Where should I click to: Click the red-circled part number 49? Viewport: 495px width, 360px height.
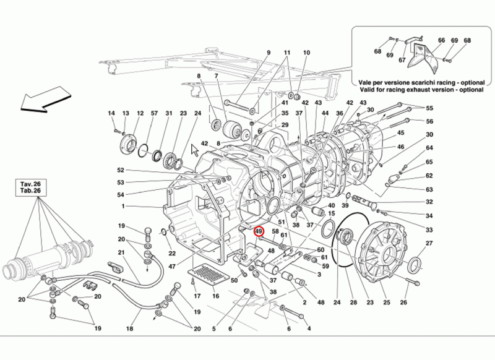coord(259,232)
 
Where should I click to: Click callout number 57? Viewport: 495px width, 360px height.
coord(155,113)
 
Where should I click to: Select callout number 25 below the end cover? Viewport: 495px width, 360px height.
coord(387,302)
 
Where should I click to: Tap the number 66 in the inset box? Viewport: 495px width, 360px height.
coord(441,41)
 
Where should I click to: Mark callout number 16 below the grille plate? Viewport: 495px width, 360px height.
coord(216,296)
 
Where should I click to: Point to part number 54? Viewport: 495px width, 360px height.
coord(121,195)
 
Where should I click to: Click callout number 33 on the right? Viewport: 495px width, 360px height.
coord(429,229)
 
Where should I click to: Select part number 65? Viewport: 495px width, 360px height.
coord(429,161)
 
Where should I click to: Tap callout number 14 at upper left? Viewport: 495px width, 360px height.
coord(111,113)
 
